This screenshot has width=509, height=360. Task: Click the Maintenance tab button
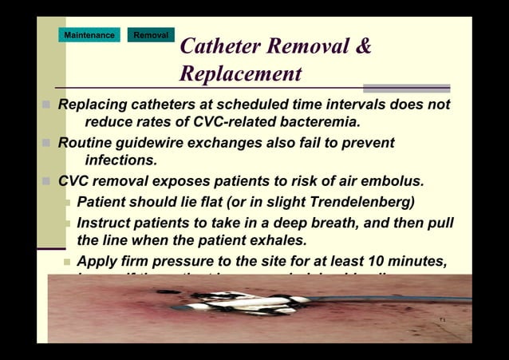[x=89, y=35]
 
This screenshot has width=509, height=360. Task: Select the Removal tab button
[x=151, y=35]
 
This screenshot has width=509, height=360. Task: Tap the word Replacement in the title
[x=240, y=74]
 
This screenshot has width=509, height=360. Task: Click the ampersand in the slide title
[x=364, y=46]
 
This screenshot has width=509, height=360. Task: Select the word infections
[x=121, y=160]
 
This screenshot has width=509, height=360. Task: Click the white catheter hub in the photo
[x=239, y=301]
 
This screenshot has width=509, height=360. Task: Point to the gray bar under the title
[x=406, y=89]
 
